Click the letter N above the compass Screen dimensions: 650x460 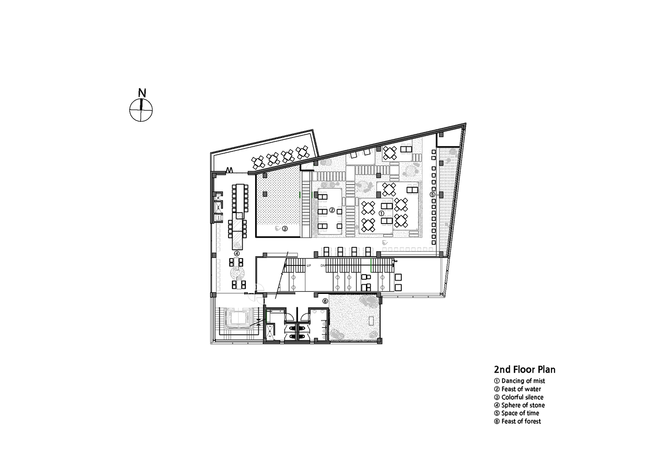142,93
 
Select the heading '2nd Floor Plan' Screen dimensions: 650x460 525,369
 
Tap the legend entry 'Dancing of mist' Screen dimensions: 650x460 519,381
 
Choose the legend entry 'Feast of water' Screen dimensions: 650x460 518,389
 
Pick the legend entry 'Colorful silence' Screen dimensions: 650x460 519,397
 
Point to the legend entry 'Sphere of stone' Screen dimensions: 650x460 519,405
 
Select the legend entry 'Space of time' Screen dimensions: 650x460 517,413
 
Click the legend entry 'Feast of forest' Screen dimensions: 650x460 518,421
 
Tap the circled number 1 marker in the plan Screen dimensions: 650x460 382,213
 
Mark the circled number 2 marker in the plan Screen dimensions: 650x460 332,210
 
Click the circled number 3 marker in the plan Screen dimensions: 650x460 285,229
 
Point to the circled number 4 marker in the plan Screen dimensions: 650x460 237,253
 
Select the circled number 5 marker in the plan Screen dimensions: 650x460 433,195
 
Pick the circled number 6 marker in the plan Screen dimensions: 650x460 325,301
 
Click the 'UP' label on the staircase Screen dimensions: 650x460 309,265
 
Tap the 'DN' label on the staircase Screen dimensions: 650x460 323,265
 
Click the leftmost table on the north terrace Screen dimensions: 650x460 258,163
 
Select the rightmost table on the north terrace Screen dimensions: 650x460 302,152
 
